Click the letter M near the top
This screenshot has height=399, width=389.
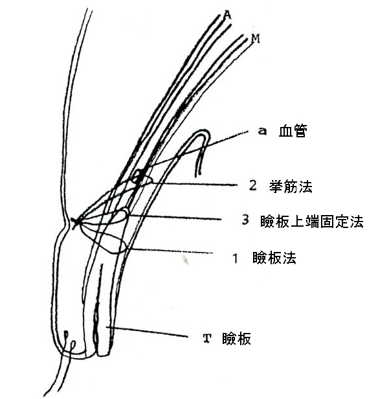coord(255,39)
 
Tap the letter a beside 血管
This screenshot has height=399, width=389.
coord(261,131)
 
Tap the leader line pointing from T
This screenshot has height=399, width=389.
coord(155,332)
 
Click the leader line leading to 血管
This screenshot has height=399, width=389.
coord(194,153)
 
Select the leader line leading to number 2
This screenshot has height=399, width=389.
coord(194,184)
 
